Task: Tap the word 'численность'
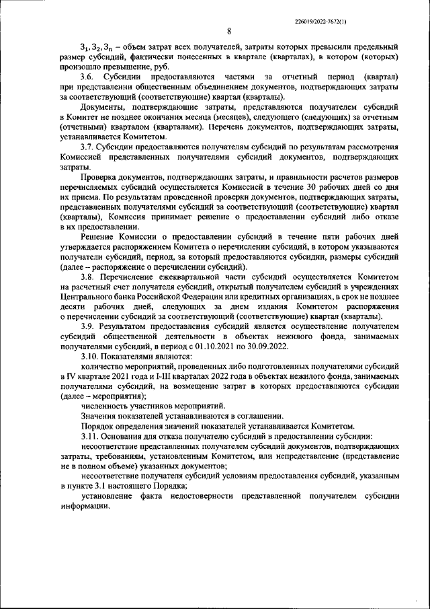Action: pyautogui.click(x=106, y=406)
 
